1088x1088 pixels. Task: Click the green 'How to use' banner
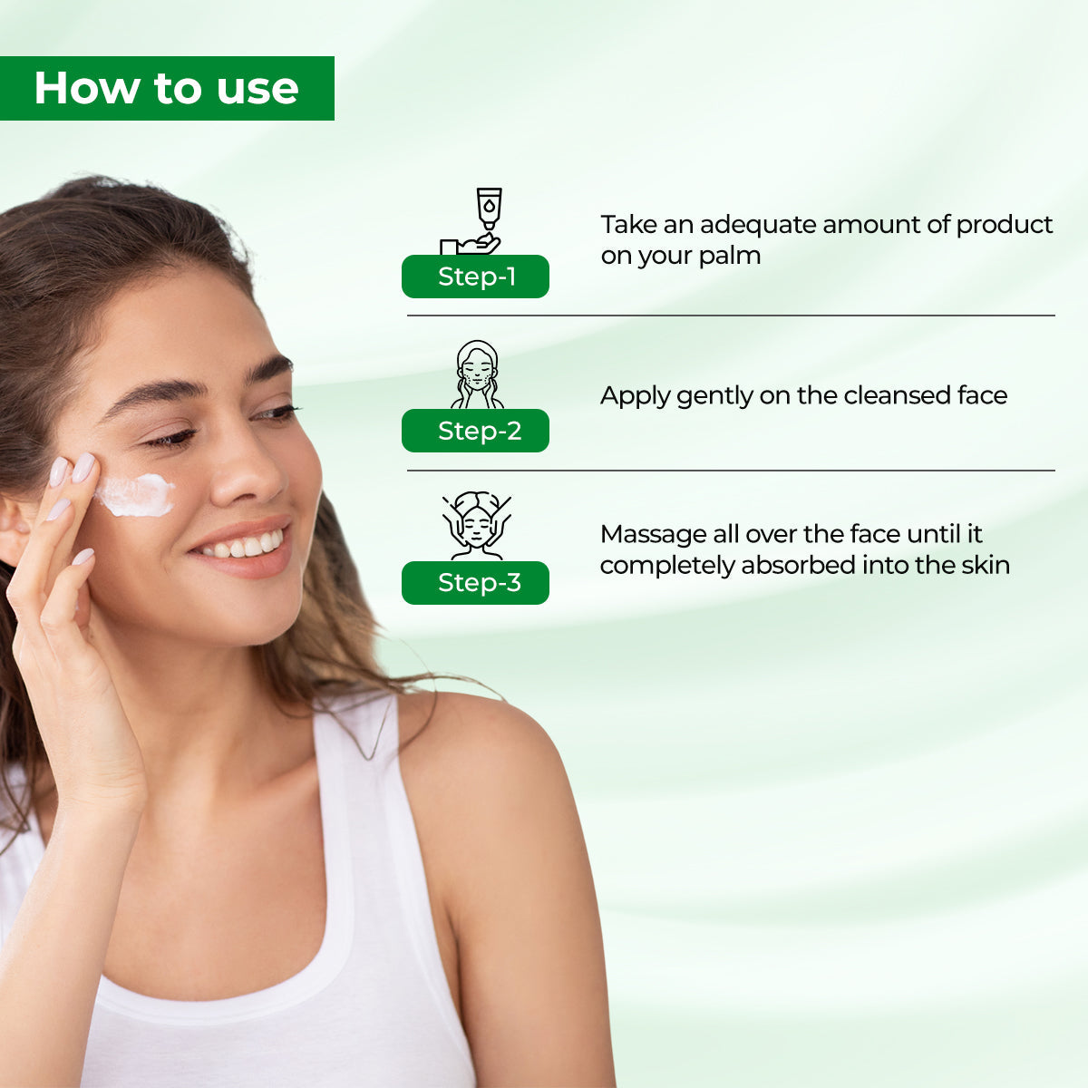coord(167,88)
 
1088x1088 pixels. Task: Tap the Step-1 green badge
coord(475,277)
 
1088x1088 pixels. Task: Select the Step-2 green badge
coord(475,431)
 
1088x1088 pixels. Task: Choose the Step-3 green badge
coord(475,583)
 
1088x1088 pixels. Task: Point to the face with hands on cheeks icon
coord(477,374)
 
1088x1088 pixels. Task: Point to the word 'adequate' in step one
coord(750,225)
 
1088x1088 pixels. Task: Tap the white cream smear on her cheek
coord(136,495)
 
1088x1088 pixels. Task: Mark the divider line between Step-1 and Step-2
coord(731,316)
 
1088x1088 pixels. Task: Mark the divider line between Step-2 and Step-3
coord(731,471)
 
